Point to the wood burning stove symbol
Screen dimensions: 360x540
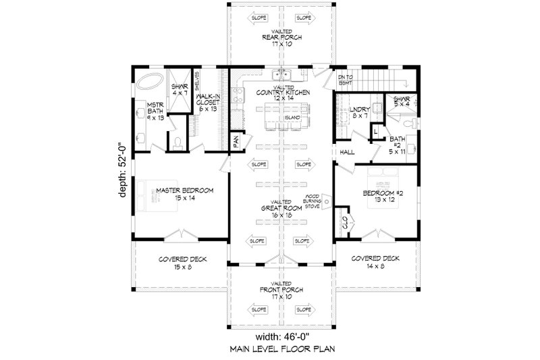coord(325,201)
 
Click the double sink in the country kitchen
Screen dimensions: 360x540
coord(281,75)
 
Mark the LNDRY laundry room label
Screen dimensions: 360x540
coord(358,111)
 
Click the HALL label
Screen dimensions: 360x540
coord(348,153)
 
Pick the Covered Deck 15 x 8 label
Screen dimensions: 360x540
coord(184,263)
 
